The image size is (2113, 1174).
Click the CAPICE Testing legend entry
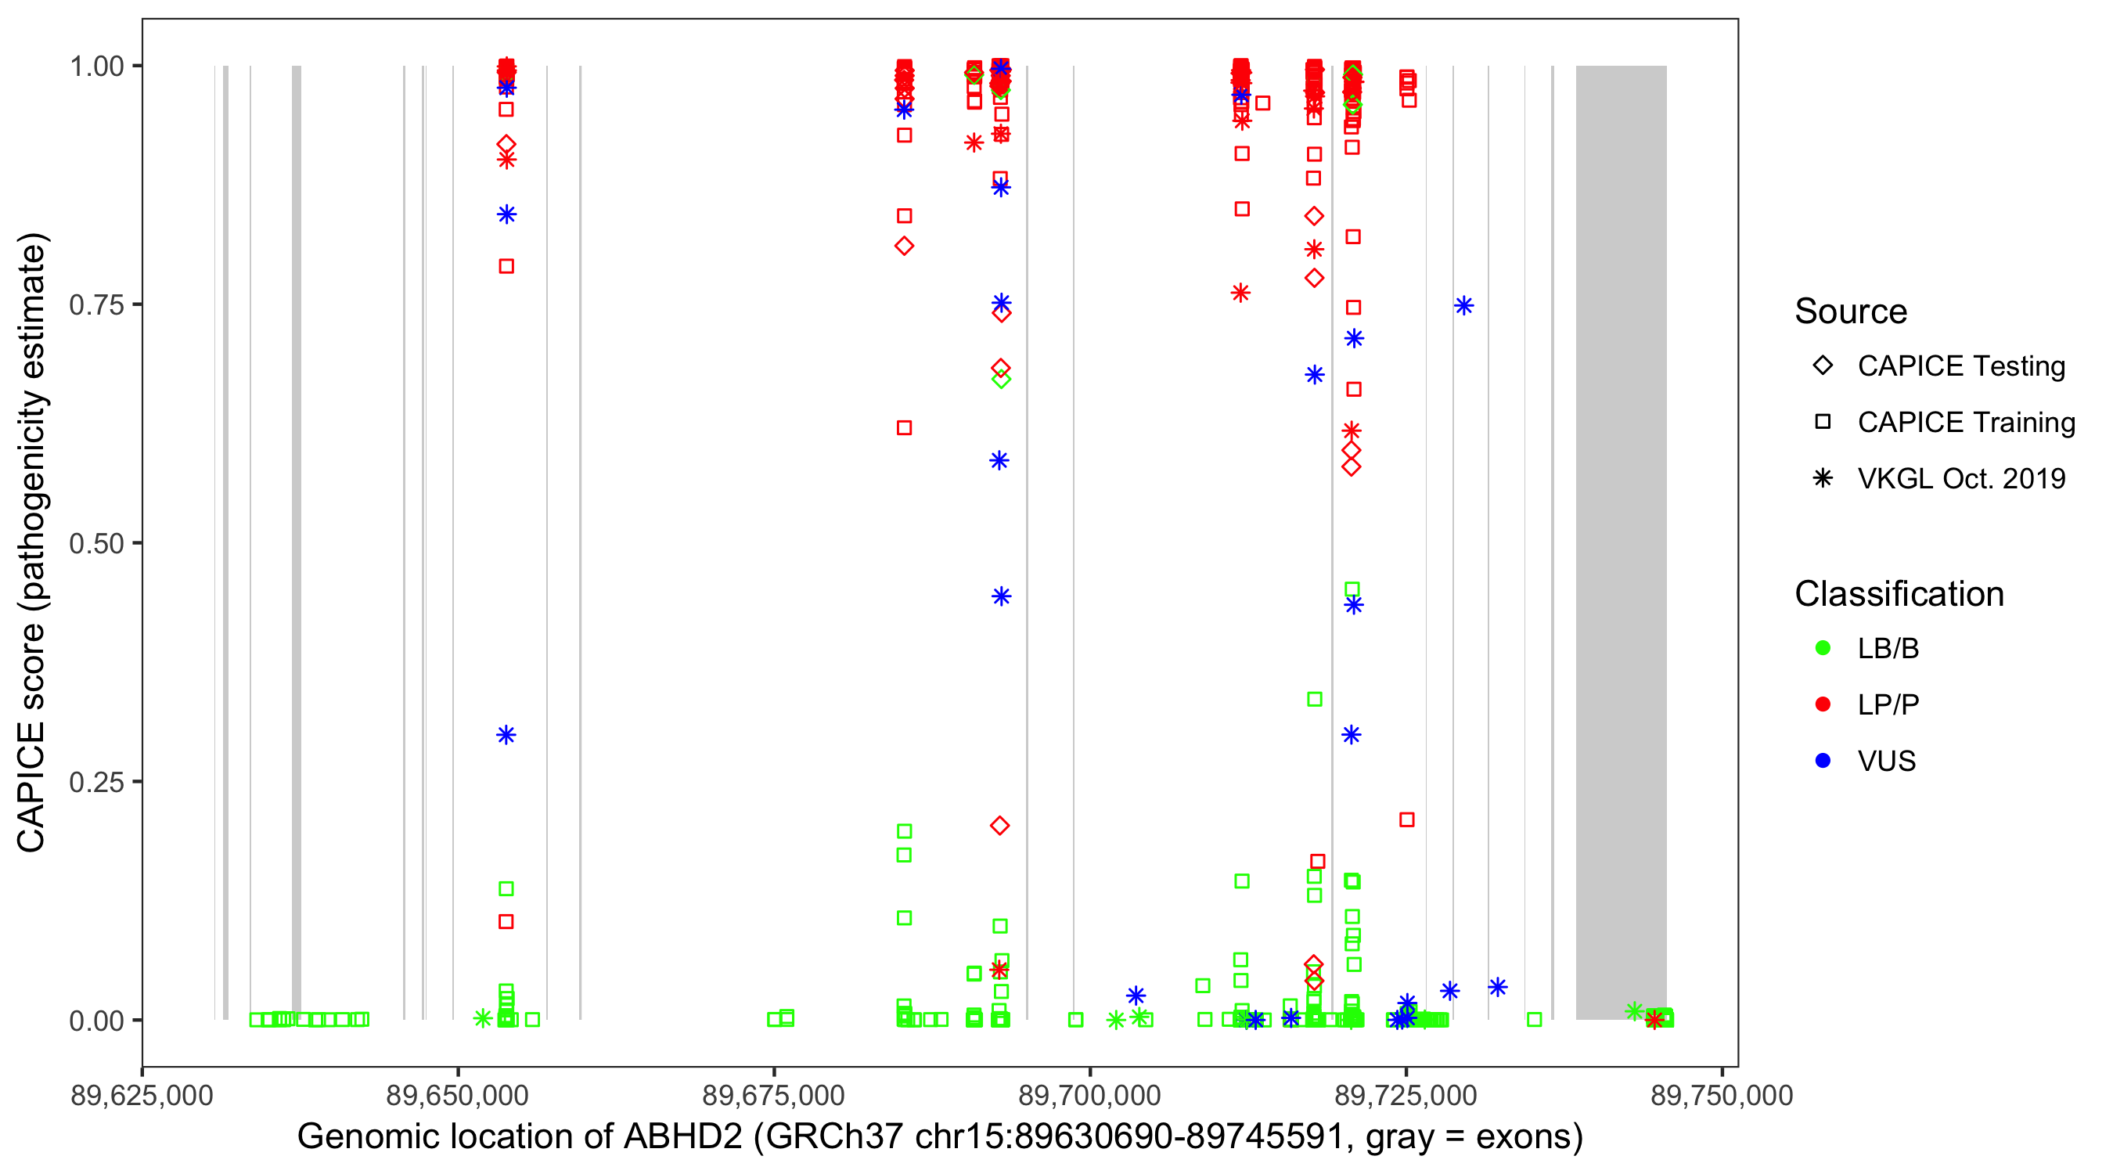[1960, 366]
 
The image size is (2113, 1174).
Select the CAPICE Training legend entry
[1965, 423]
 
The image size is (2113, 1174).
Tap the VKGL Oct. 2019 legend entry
[1960, 478]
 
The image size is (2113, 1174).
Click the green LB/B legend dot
[1823, 648]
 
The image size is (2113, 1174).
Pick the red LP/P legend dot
[1823, 704]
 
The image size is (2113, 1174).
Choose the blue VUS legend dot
[1823, 761]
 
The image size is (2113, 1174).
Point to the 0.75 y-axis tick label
[95, 305]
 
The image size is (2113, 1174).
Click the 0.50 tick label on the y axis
[95, 543]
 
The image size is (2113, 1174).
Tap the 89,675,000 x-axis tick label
[773, 1095]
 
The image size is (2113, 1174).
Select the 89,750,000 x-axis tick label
[1722, 1095]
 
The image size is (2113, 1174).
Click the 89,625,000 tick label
[142, 1095]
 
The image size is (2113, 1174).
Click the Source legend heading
[1851, 312]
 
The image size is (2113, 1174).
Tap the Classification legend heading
[1899, 594]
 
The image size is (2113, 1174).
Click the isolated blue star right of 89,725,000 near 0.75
[1464, 306]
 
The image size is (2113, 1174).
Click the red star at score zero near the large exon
[1654, 1020]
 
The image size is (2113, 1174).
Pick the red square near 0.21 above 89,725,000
[1407, 819]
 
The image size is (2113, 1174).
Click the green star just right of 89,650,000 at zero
[482, 1019]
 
